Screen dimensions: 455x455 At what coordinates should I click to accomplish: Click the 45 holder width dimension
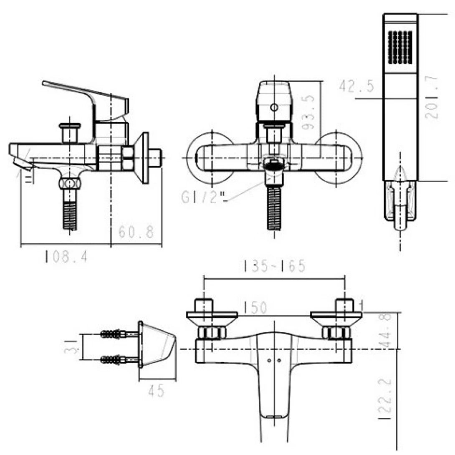[157, 391]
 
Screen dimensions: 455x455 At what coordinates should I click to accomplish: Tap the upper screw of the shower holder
[113, 334]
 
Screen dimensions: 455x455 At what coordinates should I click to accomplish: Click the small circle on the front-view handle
[273, 108]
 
